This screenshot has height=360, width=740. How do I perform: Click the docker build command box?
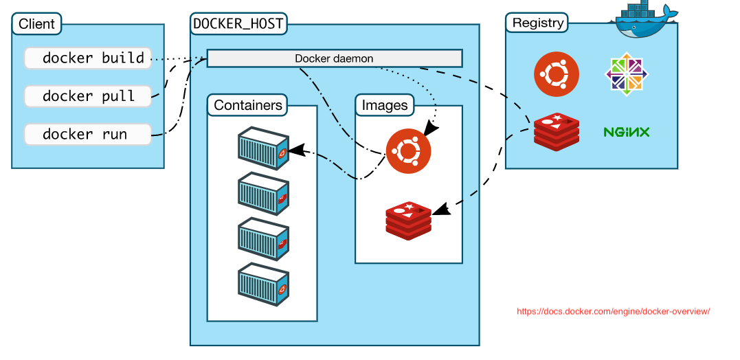[x=87, y=58]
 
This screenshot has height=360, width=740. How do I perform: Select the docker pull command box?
[x=87, y=96]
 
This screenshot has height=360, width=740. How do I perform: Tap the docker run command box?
[x=87, y=134]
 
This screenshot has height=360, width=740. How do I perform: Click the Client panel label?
[x=36, y=24]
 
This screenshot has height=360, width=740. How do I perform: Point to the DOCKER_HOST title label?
[x=238, y=24]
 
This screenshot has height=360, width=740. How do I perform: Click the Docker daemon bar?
[x=334, y=58]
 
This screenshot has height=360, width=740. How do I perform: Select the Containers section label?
[x=247, y=105]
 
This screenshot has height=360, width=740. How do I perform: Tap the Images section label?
[x=384, y=105]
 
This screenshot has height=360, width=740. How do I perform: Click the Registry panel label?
[x=537, y=23]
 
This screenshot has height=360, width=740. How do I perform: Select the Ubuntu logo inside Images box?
[x=408, y=151]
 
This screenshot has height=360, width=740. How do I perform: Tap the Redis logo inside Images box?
[x=408, y=220]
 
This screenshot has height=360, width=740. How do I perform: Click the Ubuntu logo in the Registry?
[x=556, y=74]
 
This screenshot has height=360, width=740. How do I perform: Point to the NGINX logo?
[x=626, y=132]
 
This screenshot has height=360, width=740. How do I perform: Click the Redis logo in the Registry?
[x=556, y=132]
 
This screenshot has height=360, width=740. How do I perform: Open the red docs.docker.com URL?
[x=612, y=311]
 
